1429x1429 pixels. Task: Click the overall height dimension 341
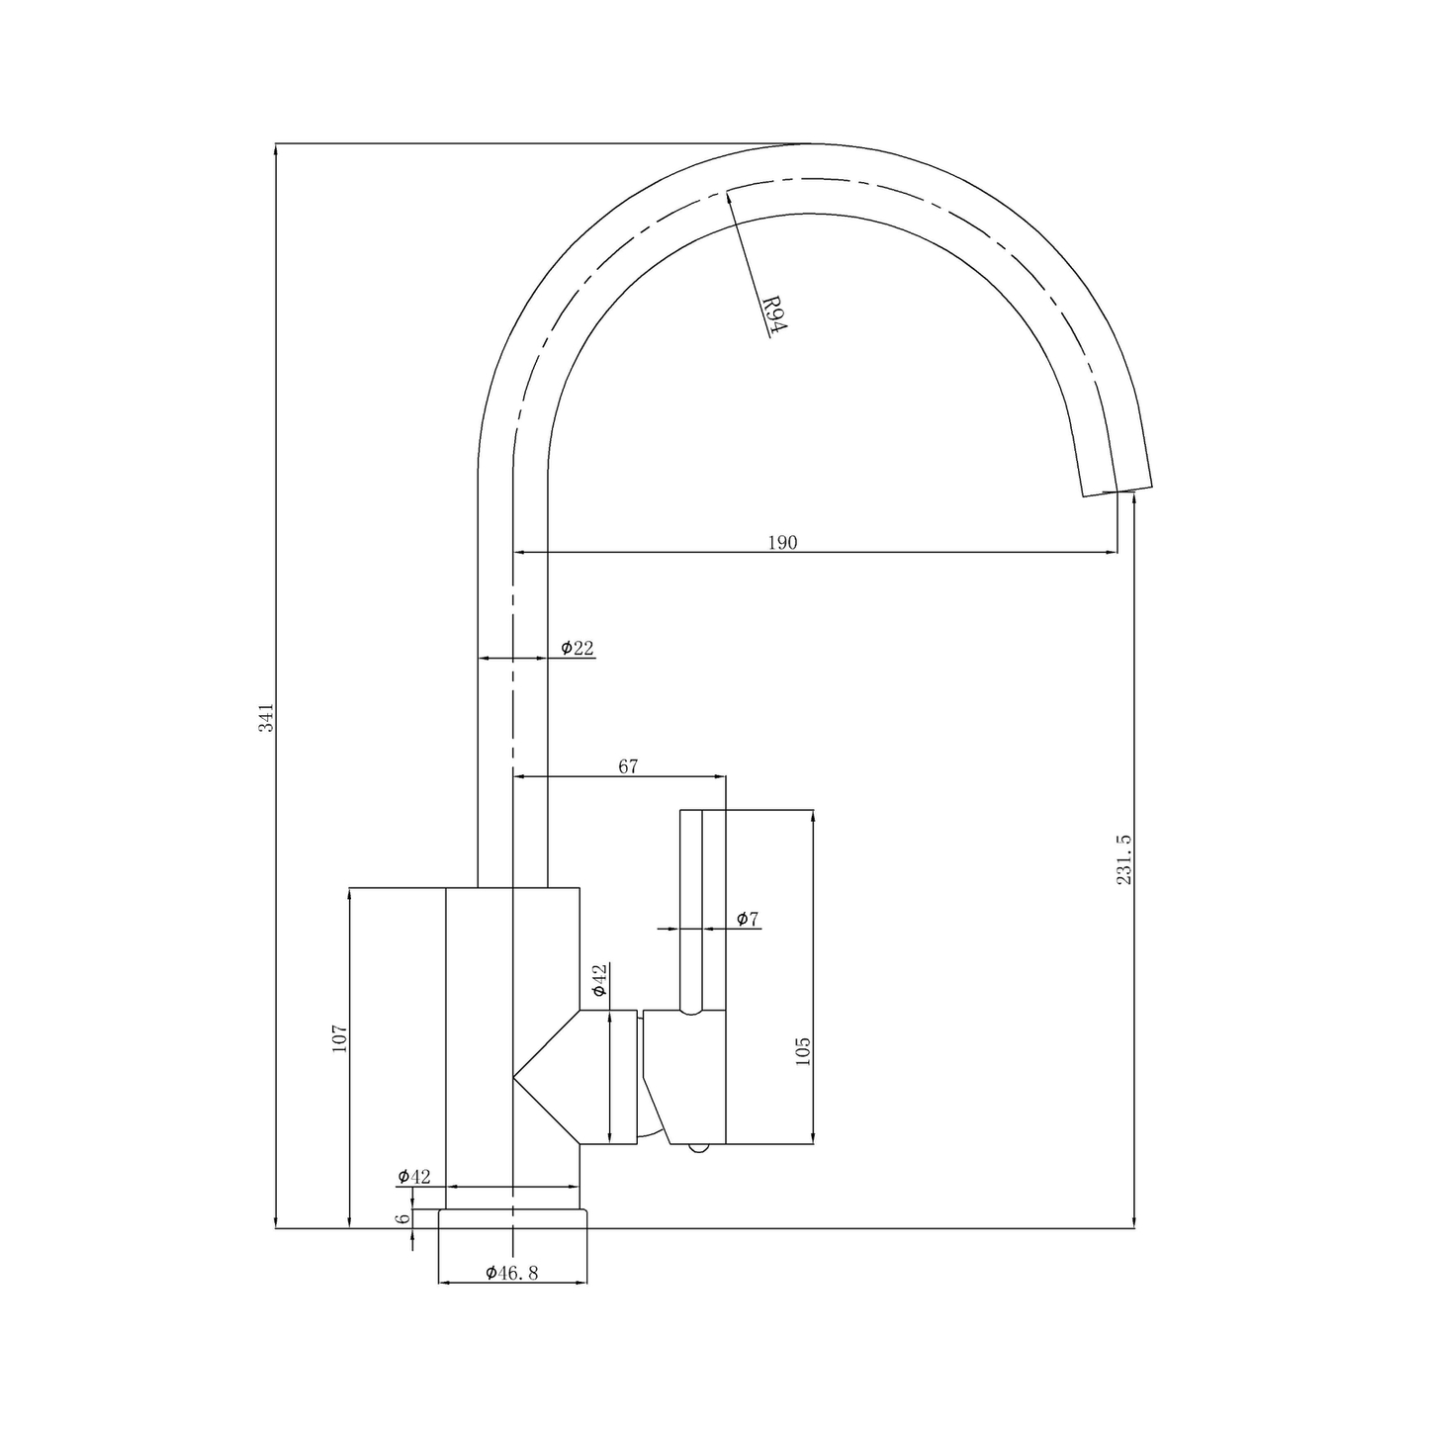point(265,717)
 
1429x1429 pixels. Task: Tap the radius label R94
point(772,316)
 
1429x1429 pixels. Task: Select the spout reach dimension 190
point(781,542)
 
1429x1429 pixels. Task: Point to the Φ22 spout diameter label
point(577,648)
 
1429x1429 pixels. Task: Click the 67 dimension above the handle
point(628,766)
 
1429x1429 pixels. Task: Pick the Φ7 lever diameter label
point(748,919)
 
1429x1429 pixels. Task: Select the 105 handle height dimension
point(802,1050)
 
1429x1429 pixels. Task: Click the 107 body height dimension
point(339,1037)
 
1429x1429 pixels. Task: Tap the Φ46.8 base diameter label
point(511,1273)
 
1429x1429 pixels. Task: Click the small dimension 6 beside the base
point(402,1218)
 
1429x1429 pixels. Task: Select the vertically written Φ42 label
point(598,979)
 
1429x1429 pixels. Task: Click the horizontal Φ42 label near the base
point(414,1176)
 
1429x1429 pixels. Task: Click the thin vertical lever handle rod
point(691,910)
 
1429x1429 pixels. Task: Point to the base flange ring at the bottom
point(512,1218)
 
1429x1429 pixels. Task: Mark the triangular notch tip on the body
point(514,1077)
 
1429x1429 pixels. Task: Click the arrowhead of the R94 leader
point(729,194)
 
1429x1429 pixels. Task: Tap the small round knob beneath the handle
point(698,1148)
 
